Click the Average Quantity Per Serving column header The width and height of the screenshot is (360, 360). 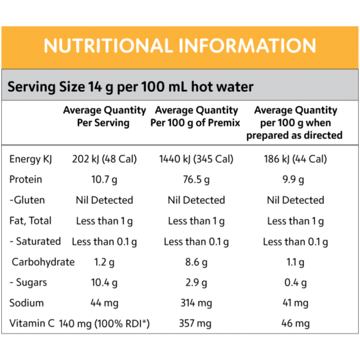coord(104,116)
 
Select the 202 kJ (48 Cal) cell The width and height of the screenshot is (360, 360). coord(104,159)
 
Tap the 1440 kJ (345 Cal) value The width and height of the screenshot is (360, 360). coord(196,159)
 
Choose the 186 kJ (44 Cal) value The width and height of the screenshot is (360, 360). coord(295,159)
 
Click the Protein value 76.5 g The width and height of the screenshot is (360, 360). coord(196,179)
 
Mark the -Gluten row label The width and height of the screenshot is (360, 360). coord(27,200)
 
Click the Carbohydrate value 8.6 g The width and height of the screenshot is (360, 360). coord(196,262)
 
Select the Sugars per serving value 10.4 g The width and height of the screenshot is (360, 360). coord(104,282)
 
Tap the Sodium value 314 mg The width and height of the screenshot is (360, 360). coord(196,302)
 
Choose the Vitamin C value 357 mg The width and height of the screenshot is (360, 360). coord(196,324)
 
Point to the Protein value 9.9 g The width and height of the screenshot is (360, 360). coord(295,179)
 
